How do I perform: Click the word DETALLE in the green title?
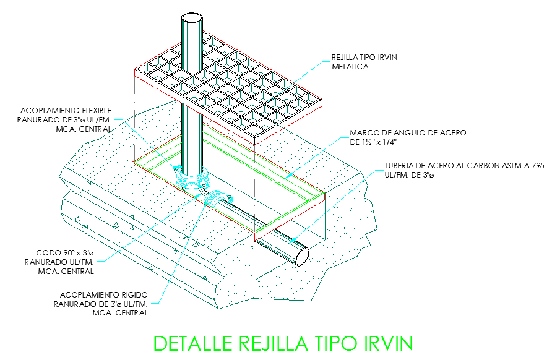(x=193, y=343)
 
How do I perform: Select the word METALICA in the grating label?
(x=350, y=67)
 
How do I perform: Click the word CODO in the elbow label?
(x=49, y=252)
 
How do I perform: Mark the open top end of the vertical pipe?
(x=192, y=19)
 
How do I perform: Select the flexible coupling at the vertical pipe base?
(x=192, y=178)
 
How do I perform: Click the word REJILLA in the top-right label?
(x=343, y=57)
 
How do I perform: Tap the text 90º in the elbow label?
(x=68, y=252)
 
